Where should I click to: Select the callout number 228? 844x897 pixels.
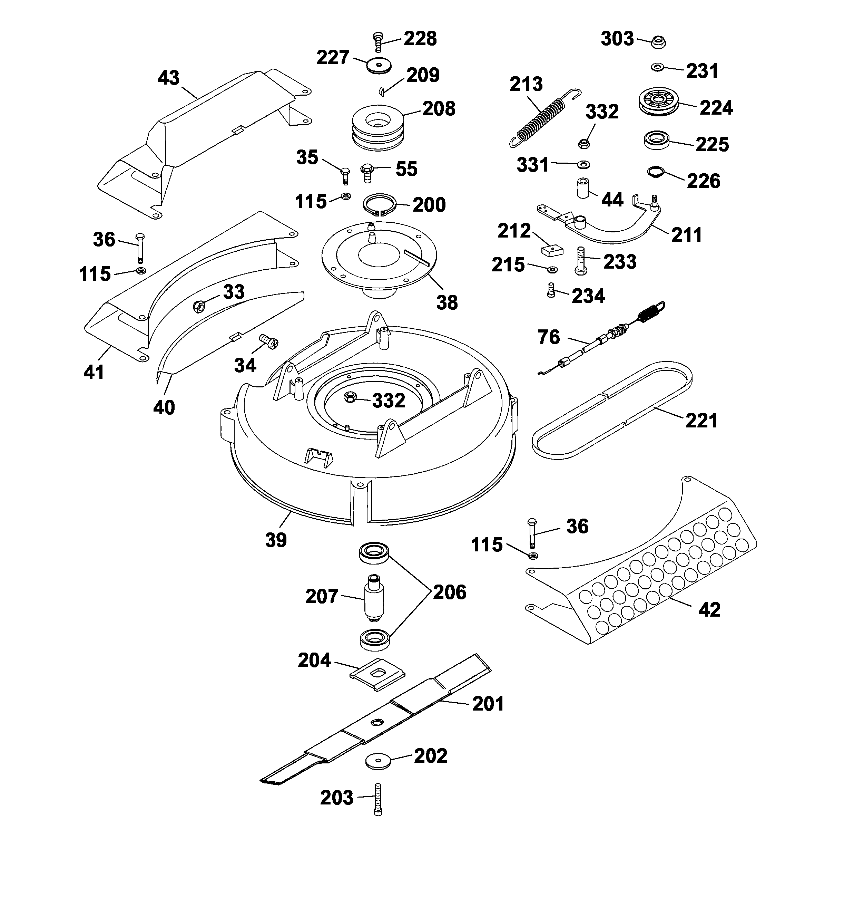[420, 39]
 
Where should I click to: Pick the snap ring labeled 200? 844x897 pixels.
[380, 205]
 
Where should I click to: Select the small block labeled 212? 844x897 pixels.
[551, 249]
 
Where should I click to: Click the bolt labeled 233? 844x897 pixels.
[581, 261]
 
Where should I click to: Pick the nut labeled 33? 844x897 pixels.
[199, 306]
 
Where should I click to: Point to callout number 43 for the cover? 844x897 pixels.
[169, 78]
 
